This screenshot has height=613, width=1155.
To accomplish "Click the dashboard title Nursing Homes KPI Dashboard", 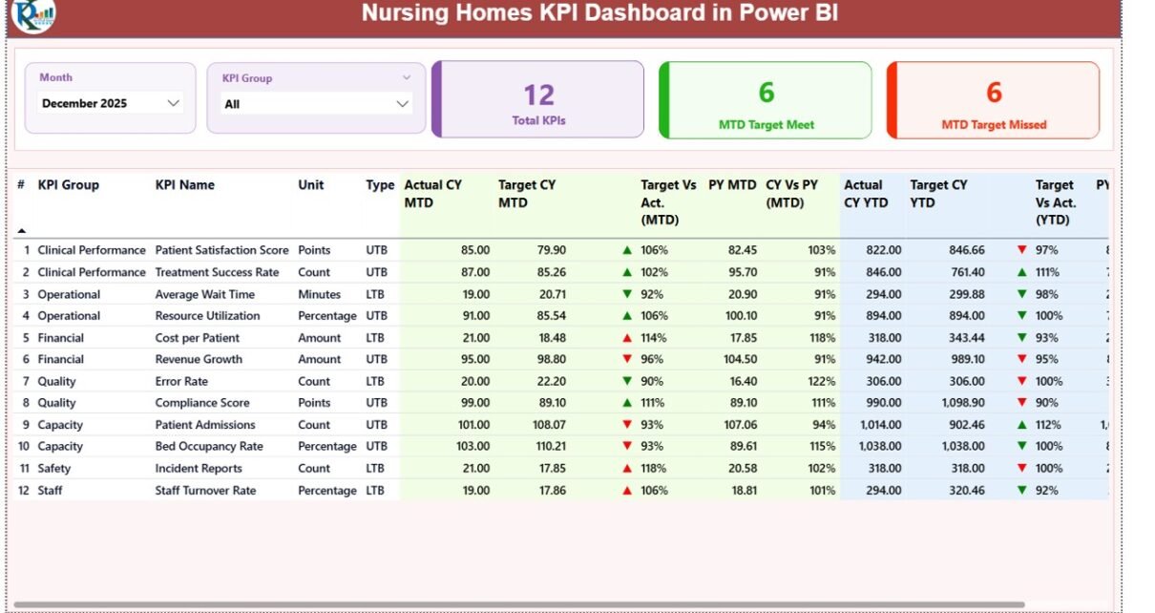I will [x=599, y=14].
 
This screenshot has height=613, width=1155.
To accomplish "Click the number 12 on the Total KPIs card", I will [x=538, y=95].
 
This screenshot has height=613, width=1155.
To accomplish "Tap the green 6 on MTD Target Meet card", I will [x=766, y=93].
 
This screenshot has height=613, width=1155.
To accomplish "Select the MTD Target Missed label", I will [x=994, y=125].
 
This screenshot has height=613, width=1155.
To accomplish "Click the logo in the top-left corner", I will [x=32, y=14].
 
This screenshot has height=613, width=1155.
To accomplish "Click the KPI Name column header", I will [x=185, y=185].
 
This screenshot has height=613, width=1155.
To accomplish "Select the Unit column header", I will [x=310, y=185].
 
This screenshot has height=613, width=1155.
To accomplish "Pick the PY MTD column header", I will [x=731, y=185].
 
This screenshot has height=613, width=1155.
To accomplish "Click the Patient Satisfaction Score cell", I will [x=221, y=250].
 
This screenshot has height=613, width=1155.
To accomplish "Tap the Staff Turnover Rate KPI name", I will [x=205, y=491].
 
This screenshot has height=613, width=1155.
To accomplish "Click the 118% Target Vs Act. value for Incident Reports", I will [x=655, y=469].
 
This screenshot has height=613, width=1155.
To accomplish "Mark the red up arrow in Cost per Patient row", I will [x=627, y=338].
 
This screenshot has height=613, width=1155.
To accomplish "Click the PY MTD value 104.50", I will [x=736, y=360].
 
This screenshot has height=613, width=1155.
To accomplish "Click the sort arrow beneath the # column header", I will [x=21, y=230].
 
